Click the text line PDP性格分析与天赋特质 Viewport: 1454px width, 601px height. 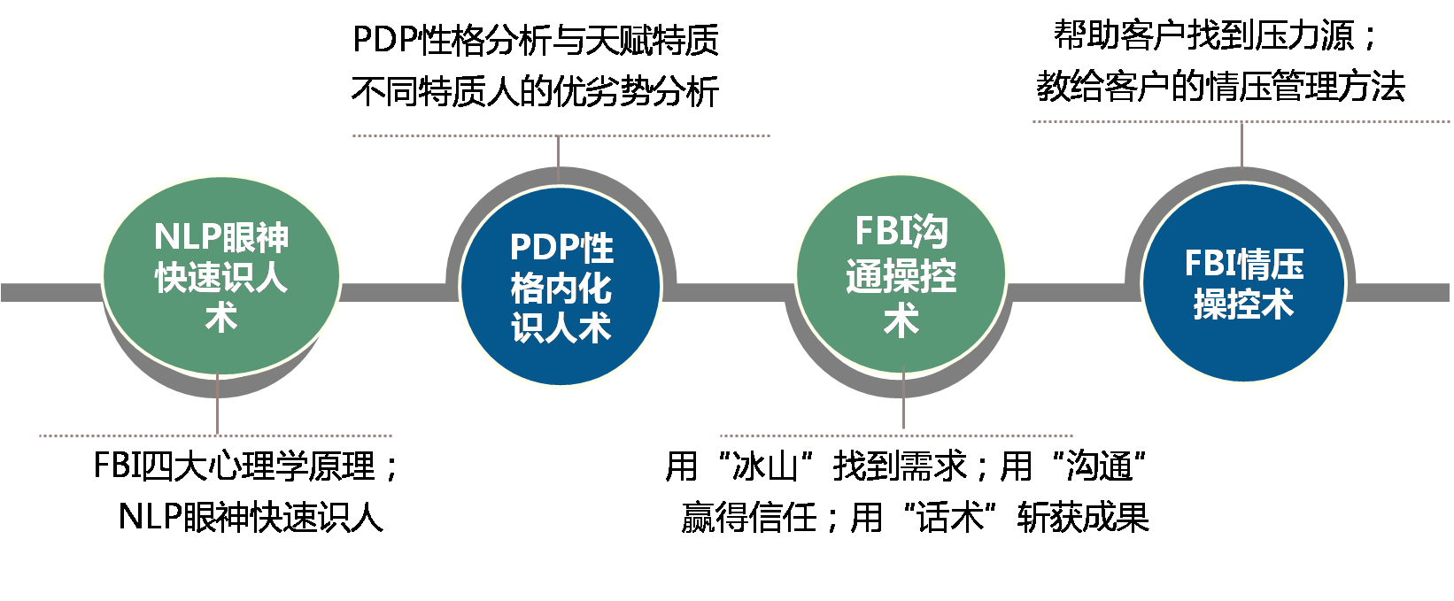click(x=536, y=39)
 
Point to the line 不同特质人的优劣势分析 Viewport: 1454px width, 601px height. click(x=535, y=91)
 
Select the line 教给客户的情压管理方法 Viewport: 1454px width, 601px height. click(x=1220, y=87)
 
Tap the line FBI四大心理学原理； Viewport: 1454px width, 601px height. click(x=247, y=466)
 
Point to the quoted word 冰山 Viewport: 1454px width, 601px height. click(x=765, y=466)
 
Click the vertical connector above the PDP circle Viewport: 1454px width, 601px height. click(x=559, y=159)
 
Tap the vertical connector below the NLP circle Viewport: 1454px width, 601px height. click(x=217, y=405)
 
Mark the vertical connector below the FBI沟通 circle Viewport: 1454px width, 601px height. click(x=903, y=403)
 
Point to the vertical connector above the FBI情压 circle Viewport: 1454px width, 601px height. click(x=1241, y=146)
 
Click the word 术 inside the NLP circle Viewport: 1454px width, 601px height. click(x=221, y=318)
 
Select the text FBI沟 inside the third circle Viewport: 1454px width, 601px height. click(x=901, y=232)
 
